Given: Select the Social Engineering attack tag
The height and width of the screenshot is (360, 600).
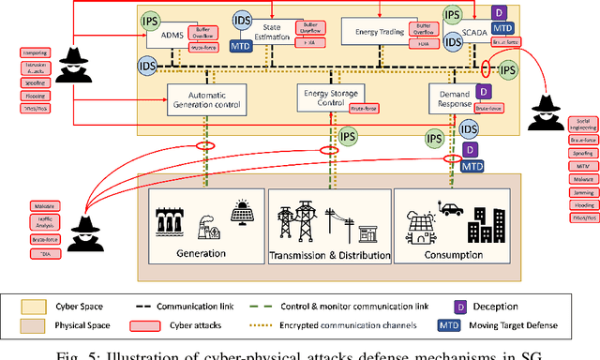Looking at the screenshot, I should pos(580,125).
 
